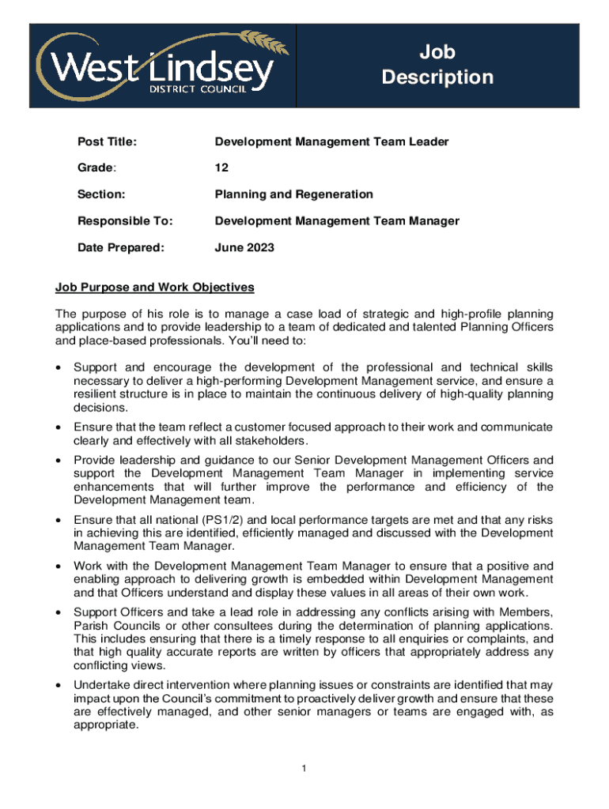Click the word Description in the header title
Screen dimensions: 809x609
(x=437, y=77)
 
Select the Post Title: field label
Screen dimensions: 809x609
(x=107, y=142)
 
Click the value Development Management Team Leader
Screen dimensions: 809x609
(x=331, y=142)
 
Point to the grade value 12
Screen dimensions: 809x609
(x=221, y=168)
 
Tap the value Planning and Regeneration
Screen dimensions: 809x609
(x=293, y=194)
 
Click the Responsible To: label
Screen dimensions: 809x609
(x=124, y=221)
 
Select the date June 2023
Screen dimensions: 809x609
(x=244, y=248)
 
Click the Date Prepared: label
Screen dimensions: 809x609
(x=120, y=248)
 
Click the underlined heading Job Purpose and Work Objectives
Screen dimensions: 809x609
(x=154, y=287)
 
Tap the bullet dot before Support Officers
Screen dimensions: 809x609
(x=59, y=612)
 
